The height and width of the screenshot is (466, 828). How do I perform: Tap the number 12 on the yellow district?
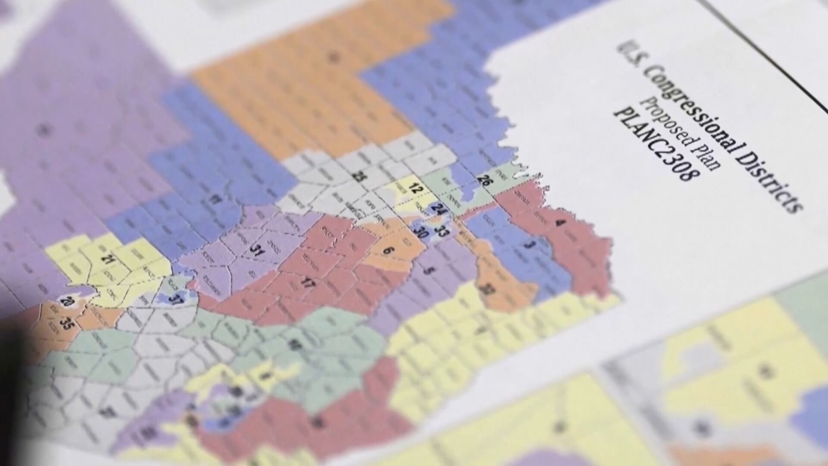point(415,189)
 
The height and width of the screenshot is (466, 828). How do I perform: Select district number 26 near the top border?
point(486,180)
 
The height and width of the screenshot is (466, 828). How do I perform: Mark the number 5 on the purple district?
point(427,271)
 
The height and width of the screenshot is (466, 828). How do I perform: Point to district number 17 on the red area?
point(307,283)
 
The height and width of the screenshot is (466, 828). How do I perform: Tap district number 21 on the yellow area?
point(106,259)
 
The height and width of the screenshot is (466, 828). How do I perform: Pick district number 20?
point(66,302)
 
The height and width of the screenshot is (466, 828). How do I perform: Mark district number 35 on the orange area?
point(66,323)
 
